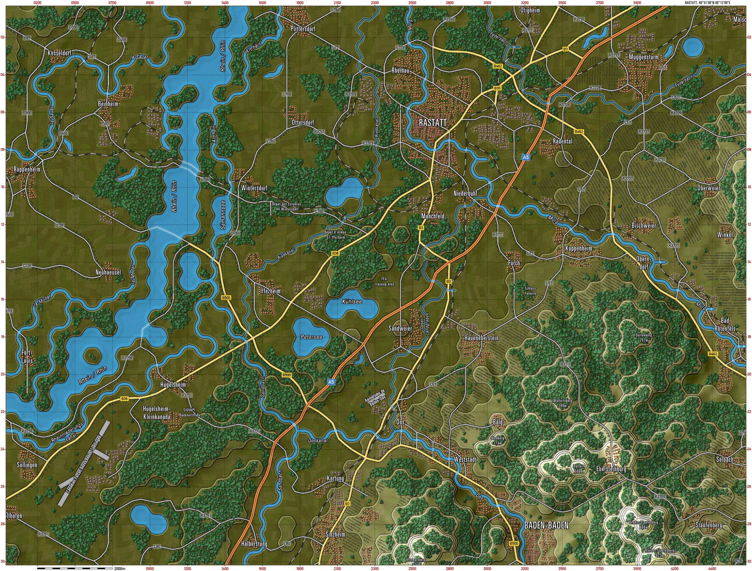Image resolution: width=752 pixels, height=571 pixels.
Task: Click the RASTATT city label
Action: coord(432,123)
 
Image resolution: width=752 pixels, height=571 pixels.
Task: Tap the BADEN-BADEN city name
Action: coord(546,525)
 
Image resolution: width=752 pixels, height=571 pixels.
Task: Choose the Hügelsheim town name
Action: coord(173,385)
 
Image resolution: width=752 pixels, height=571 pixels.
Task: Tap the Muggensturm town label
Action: coord(644,57)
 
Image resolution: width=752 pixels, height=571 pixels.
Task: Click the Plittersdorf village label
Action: coord(303,29)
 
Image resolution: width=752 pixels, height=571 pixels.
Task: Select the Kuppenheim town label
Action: coord(578,248)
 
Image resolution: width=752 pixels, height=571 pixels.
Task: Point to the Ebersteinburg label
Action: coord(611,469)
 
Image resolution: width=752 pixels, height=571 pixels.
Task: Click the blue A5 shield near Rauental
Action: coord(526,157)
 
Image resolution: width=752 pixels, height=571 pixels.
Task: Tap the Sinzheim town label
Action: coord(335,534)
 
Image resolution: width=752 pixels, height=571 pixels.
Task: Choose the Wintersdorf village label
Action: coord(254,188)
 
